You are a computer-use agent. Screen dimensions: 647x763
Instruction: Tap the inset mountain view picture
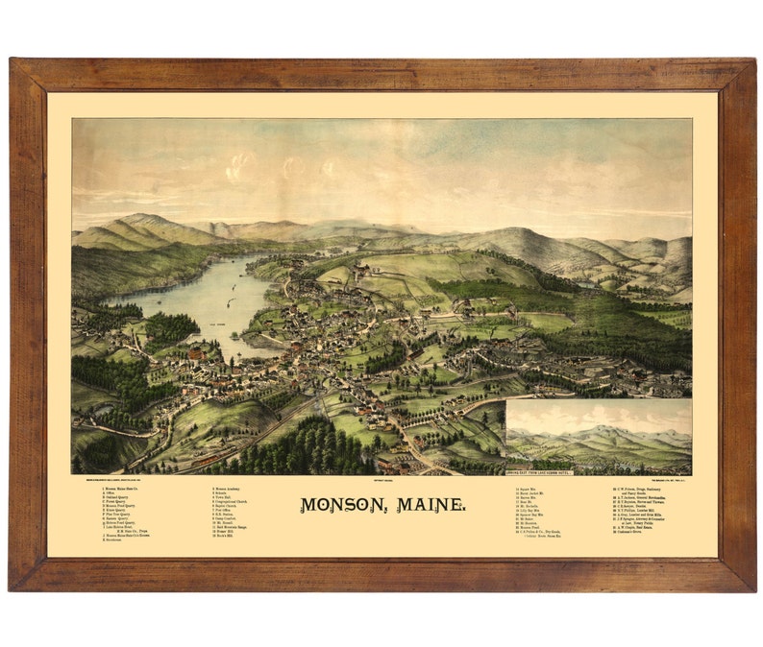click(x=598, y=434)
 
